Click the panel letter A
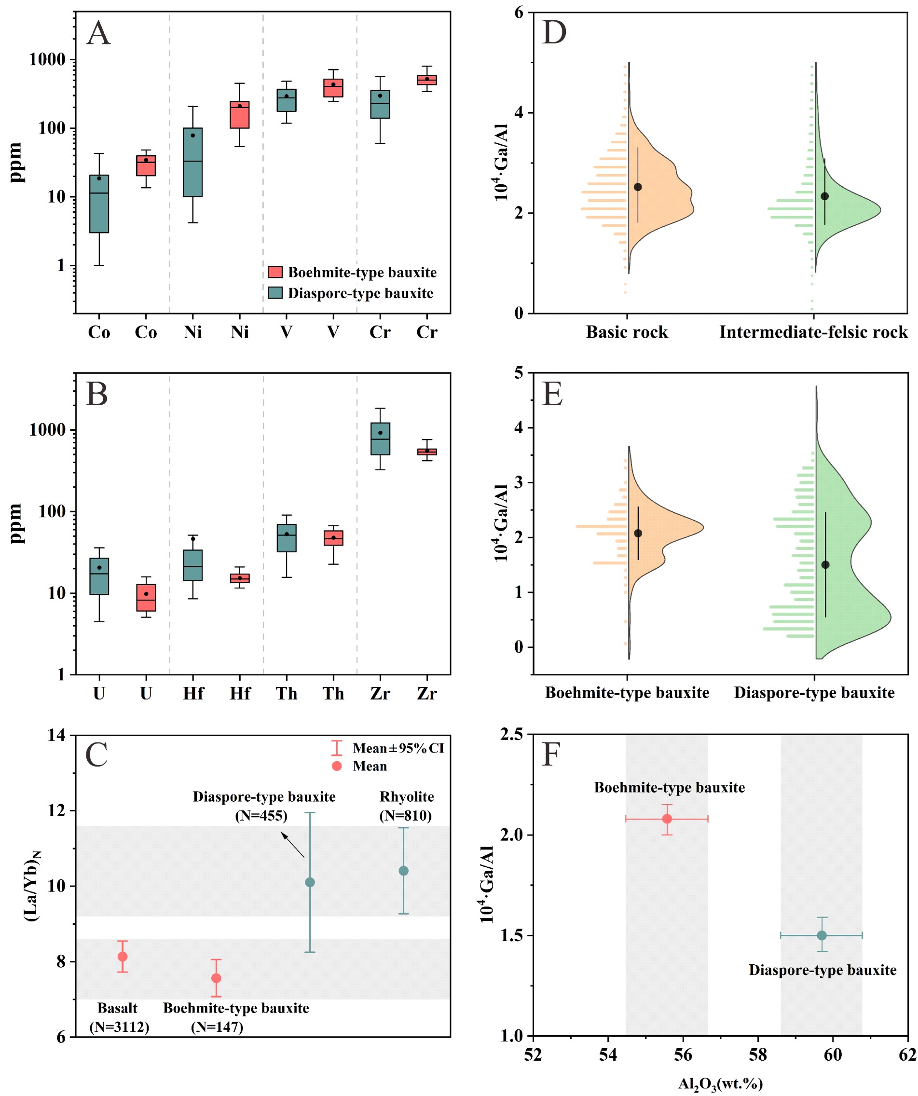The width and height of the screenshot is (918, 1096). click(98, 33)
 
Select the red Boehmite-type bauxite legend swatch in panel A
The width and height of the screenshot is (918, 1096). click(275, 272)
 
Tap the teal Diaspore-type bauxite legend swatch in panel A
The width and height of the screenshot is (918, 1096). click(275, 293)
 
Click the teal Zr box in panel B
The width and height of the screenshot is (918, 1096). click(380, 439)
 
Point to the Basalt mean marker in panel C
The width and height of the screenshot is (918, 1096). click(123, 957)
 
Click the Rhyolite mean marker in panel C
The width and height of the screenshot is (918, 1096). click(403, 871)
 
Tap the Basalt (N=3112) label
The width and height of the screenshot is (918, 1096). click(119, 1017)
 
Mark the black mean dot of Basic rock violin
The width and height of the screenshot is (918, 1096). click(638, 187)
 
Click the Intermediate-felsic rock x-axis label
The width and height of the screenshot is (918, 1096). click(813, 332)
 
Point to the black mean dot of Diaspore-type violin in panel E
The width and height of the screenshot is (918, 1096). click(825, 565)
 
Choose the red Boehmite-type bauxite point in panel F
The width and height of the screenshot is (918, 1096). click(667, 819)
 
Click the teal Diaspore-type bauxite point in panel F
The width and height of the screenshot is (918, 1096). click(822, 935)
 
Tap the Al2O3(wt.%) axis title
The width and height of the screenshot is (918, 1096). click(720, 1084)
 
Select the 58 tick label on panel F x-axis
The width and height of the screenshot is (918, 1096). click(758, 1055)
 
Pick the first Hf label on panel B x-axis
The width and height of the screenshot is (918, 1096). click(192, 694)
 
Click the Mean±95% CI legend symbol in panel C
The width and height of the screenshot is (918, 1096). click(337, 748)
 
